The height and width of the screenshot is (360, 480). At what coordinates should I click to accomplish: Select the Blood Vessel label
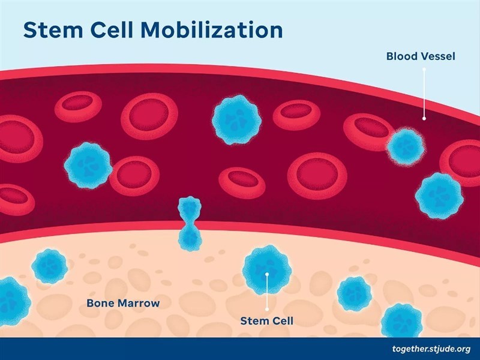(421, 57)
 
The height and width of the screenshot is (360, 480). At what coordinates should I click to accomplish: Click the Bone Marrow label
(123, 302)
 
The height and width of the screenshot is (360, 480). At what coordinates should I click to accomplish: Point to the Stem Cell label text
(266, 320)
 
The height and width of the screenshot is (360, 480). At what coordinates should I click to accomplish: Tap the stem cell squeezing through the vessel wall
(190, 223)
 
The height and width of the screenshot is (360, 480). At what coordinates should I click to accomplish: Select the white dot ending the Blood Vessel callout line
(424, 118)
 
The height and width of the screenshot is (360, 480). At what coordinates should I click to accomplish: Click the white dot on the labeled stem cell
(267, 274)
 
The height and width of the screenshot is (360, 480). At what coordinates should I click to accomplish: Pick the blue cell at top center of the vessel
(235, 119)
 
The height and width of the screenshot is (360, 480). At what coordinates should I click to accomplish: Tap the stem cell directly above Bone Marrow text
(49, 266)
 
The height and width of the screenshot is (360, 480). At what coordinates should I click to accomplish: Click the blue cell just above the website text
(401, 320)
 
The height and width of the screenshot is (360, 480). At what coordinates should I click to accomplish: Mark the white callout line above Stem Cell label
(267, 294)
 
